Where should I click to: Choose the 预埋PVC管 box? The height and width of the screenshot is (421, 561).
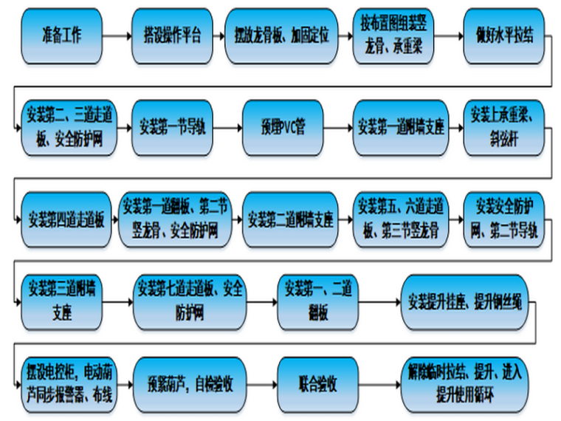pos(283,126)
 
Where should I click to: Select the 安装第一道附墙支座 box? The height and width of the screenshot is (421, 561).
pos(400,126)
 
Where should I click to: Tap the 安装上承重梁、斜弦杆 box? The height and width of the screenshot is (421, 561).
pos(506,126)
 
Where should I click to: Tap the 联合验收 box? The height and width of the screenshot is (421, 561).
pos(318,384)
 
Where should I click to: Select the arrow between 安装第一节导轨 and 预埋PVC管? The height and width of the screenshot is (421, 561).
pos(230,126)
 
